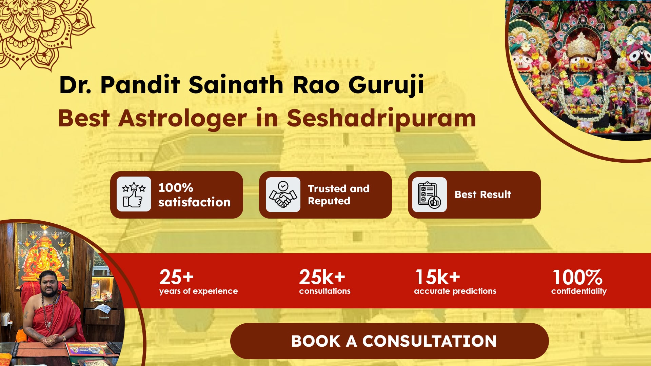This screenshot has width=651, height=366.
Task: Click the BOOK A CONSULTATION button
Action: point(389,341)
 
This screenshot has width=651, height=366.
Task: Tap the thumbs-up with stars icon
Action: point(134,194)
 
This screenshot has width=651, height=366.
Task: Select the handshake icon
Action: point(283,195)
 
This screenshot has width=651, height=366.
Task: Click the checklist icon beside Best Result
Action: point(429,195)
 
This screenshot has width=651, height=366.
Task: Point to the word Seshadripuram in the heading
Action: point(381,118)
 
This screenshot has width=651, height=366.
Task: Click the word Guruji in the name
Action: point(386,85)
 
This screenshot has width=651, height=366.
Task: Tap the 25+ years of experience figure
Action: point(176,277)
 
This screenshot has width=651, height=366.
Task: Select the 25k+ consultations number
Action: point(322,277)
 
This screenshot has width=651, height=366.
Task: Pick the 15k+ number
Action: point(438,277)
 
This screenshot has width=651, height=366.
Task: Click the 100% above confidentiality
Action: point(577,277)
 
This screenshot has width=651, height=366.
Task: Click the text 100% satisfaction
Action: point(194,195)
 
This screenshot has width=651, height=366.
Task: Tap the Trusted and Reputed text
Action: point(338,195)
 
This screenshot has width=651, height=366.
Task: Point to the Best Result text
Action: point(483,195)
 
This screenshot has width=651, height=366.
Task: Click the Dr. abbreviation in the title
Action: point(75,85)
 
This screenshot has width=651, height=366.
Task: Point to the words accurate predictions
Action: point(455,291)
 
